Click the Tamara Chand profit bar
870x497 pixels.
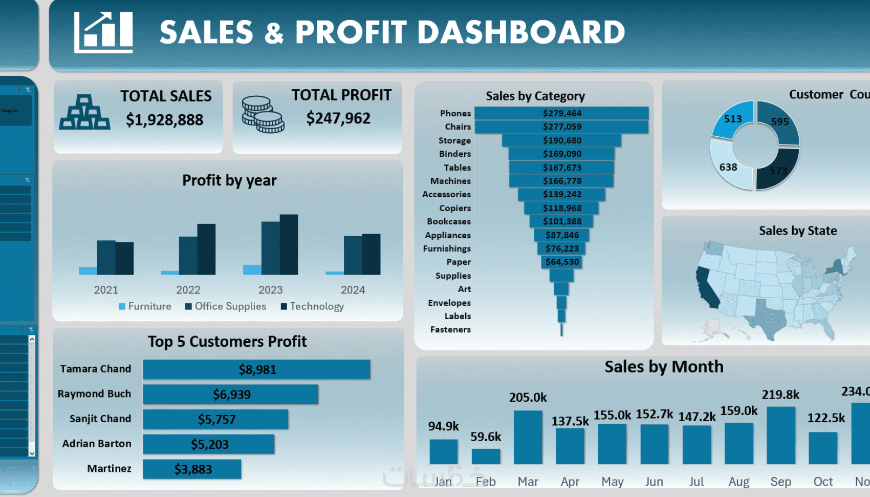tap(256, 369)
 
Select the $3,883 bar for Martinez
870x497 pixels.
tap(192, 469)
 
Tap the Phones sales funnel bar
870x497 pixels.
tap(561, 113)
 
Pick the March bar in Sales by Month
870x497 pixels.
tap(528, 438)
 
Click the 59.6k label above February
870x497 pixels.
tap(486, 437)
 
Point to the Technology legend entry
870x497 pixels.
tap(312, 306)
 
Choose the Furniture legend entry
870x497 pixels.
tap(145, 306)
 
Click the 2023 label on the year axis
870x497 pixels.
tap(270, 290)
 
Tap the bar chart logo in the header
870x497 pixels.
tap(103, 33)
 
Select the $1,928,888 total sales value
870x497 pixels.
tap(164, 120)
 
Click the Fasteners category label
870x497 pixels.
tap(450, 329)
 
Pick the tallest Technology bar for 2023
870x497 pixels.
tap(289, 244)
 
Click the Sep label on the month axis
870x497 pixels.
tap(780, 482)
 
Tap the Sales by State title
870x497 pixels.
tap(797, 231)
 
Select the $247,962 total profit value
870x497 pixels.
tap(338, 118)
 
